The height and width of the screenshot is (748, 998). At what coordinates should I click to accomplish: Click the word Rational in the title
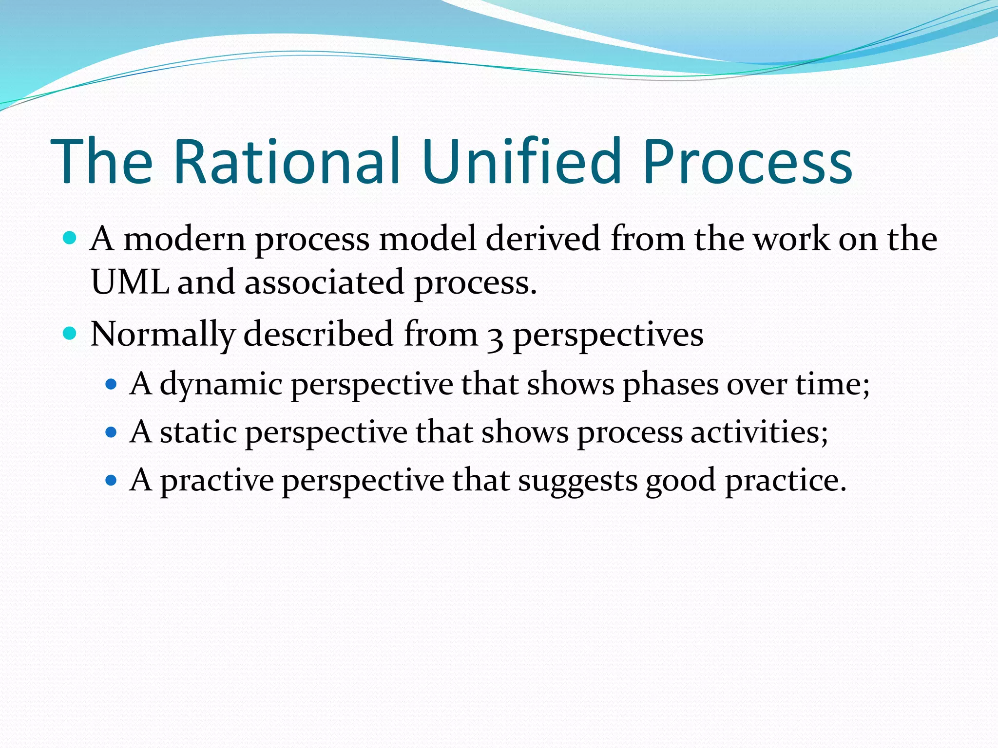coord(287,162)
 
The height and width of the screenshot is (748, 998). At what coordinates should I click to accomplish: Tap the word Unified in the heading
coord(523,162)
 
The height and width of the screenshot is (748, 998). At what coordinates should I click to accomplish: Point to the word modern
coord(185,240)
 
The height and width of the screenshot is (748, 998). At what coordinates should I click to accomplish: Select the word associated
coord(324,283)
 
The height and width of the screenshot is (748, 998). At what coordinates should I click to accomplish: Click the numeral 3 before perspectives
coord(495,337)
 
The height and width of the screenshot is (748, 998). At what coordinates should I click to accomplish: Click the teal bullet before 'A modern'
coord(70,239)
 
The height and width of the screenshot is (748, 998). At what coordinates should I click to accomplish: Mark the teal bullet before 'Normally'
coord(70,334)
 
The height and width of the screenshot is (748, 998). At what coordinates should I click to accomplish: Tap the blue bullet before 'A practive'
coord(112,481)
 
